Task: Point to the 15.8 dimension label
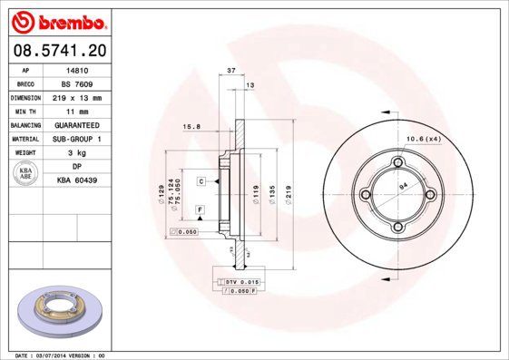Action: [x=191, y=126]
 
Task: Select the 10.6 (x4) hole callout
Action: [x=424, y=138]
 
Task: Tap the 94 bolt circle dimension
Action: [x=402, y=187]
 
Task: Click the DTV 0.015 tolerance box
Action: [x=239, y=283]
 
